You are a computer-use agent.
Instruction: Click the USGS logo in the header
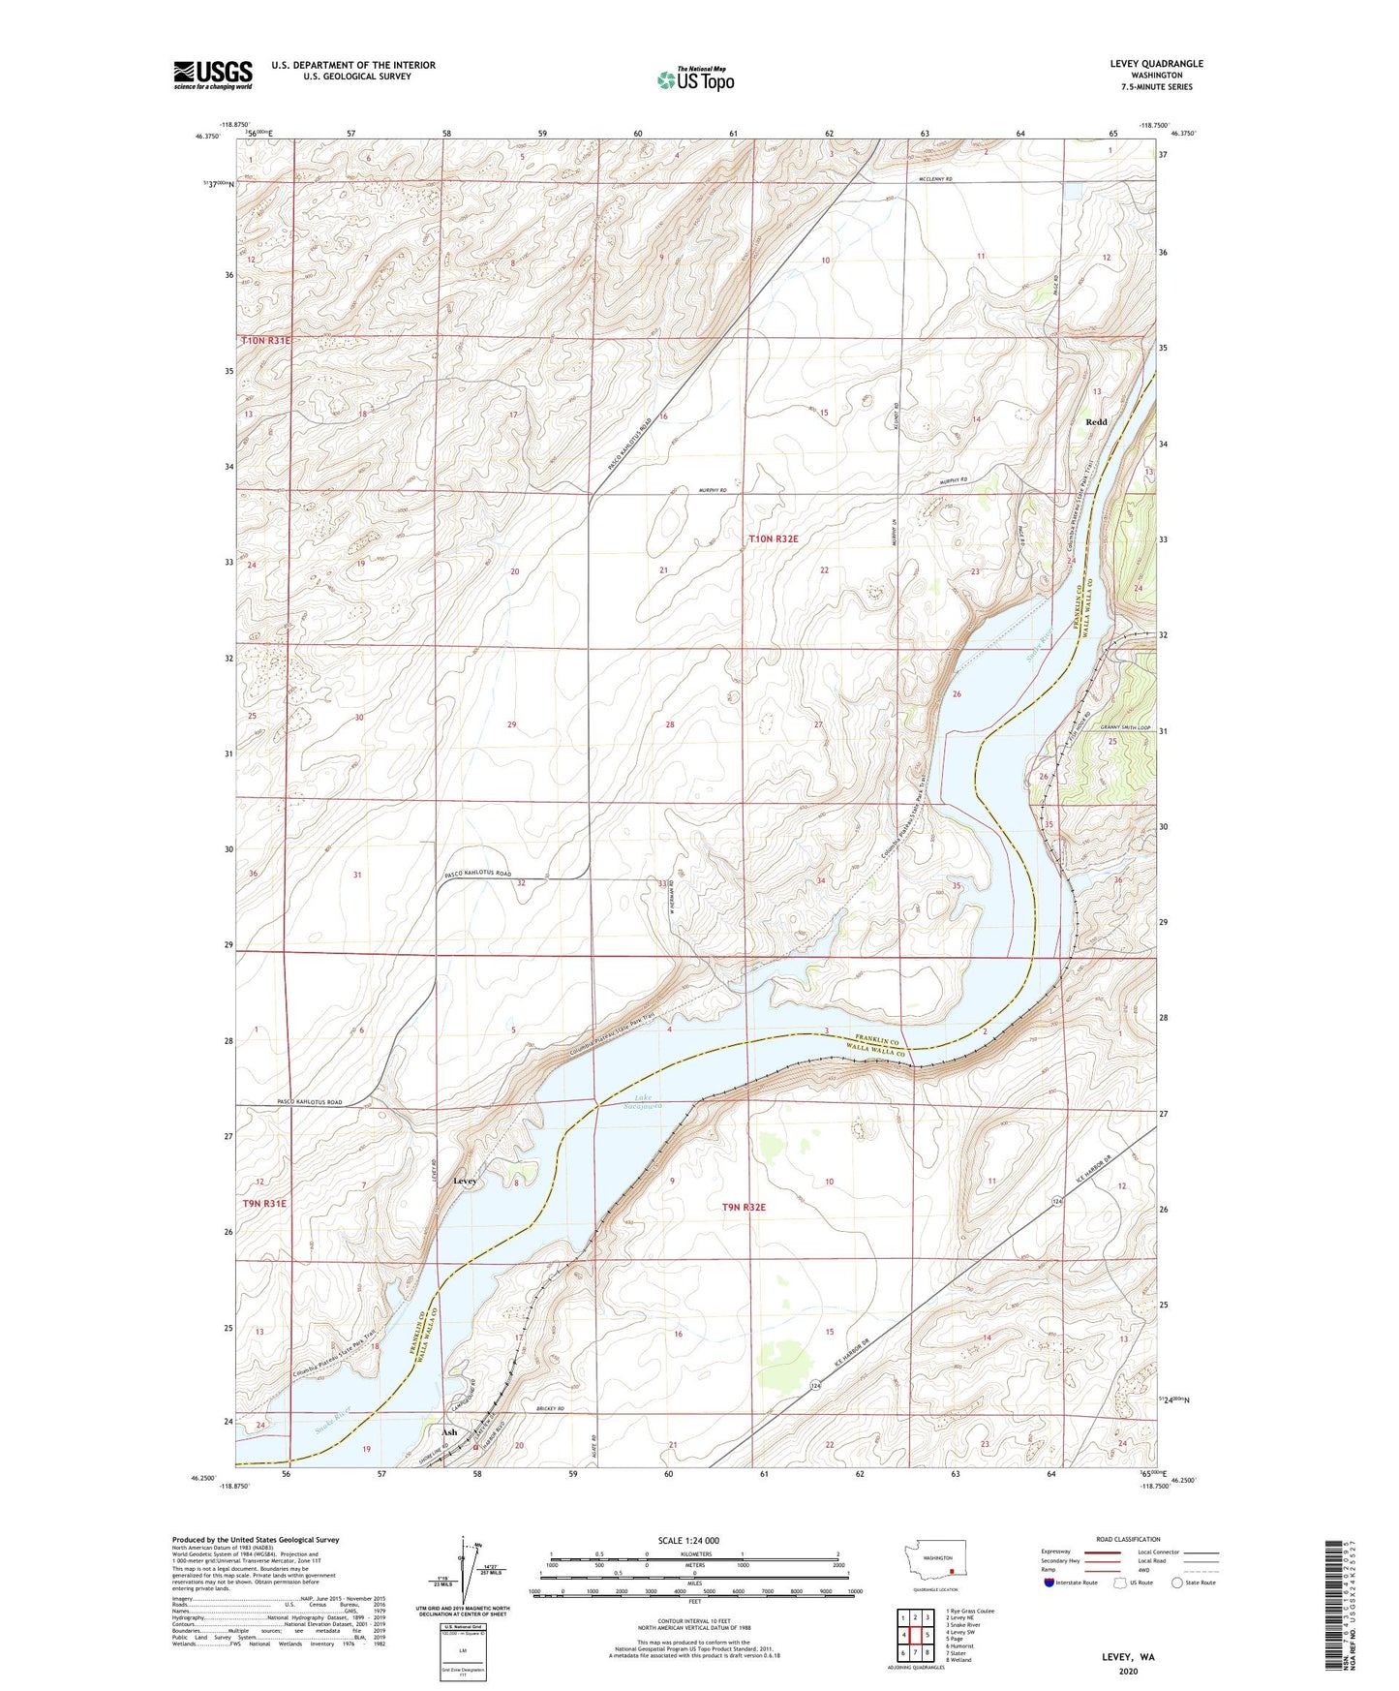(x=213, y=75)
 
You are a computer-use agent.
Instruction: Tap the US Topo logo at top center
(x=694, y=79)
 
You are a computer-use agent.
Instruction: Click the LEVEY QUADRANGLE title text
(x=1157, y=64)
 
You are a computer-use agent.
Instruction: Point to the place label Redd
(x=1096, y=422)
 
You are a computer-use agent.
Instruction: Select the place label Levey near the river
(x=465, y=1182)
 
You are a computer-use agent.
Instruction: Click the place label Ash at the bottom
(x=449, y=1431)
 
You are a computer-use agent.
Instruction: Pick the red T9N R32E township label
(x=745, y=1207)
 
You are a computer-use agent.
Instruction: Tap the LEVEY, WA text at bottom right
(x=1128, y=1656)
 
